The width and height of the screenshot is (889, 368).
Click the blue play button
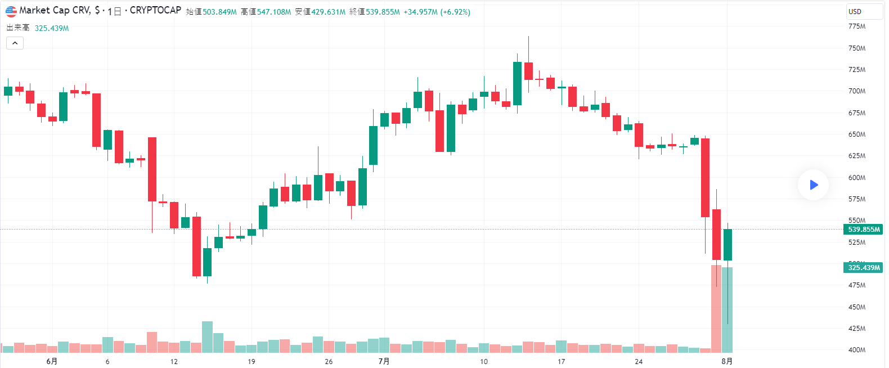pyautogui.click(x=813, y=185)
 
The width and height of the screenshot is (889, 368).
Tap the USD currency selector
pyautogui.click(x=864, y=12)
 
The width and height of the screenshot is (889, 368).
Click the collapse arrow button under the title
pyautogui.click(x=15, y=43)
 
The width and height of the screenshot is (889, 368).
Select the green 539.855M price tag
pyautogui.click(x=864, y=230)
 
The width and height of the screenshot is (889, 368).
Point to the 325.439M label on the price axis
pyautogui.click(x=864, y=268)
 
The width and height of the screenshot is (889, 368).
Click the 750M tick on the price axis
pyautogui.click(x=857, y=48)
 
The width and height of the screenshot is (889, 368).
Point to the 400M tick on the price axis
pyautogui.click(x=857, y=350)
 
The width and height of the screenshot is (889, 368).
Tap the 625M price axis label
pyautogui.click(x=857, y=156)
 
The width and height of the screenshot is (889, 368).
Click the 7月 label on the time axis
pyautogui.click(x=384, y=361)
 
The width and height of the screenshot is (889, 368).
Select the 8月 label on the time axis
pyautogui.click(x=727, y=361)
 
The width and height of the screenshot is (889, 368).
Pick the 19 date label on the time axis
pyautogui.click(x=252, y=361)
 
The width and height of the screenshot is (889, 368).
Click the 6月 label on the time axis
pyautogui.click(x=52, y=361)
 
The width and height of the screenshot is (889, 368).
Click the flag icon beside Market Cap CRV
pyautogui.click(x=11, y=11)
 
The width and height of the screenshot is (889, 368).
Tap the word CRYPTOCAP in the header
pyautogui.click(x=155, y=11)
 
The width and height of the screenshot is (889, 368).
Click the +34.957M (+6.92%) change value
pyautogui.click(x=437, y=12)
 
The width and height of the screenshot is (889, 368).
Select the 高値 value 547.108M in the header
pyautogui.click(x=274, y=12)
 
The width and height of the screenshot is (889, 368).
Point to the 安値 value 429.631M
pyautogui.click(x=329, y=12)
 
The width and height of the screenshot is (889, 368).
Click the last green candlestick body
pyautogui.click(x=728, y=245)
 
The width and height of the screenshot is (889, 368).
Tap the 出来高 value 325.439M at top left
pyautogui.click(x=52, y=28)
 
